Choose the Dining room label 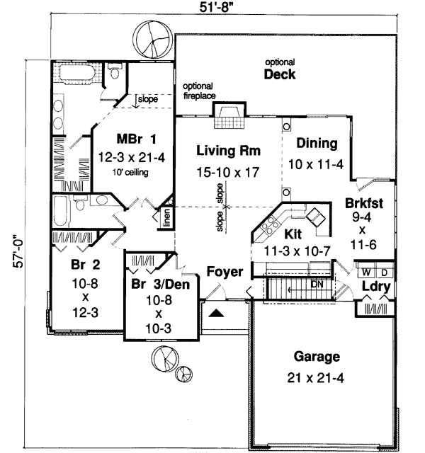click(317, 143)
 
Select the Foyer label click(225, 272)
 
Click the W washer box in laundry click(366, 272)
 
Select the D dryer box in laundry click(383, 272)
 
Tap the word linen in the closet click(166, 217)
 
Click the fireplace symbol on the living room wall click(229, 115)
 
